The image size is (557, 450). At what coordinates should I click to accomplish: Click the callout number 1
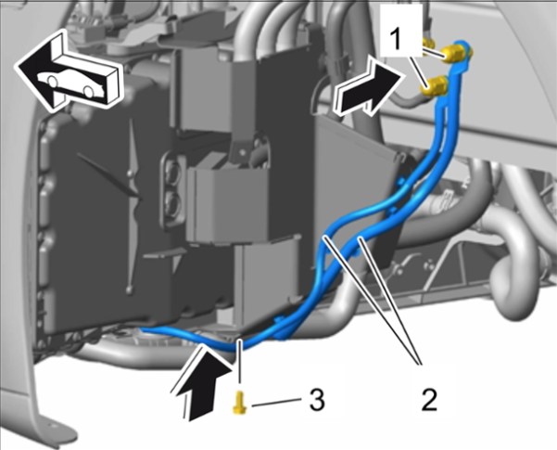(395, 39)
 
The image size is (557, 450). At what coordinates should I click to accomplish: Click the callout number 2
(428, 400)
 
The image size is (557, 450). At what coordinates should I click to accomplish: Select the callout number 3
(317, 399)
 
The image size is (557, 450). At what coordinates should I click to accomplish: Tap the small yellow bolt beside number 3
(240, 403)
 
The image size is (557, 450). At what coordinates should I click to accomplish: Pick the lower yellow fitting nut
(436, 86)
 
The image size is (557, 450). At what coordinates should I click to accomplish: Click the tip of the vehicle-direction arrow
(15, 66)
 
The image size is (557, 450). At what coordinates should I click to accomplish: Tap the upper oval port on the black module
(174, 174)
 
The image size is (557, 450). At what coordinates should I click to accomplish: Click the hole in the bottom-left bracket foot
(52, 426)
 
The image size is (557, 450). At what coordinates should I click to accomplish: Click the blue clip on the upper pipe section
(399, 182)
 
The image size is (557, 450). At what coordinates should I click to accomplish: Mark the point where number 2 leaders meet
(420, 365)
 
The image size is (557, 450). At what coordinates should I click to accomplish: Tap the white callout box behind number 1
(401, 30)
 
